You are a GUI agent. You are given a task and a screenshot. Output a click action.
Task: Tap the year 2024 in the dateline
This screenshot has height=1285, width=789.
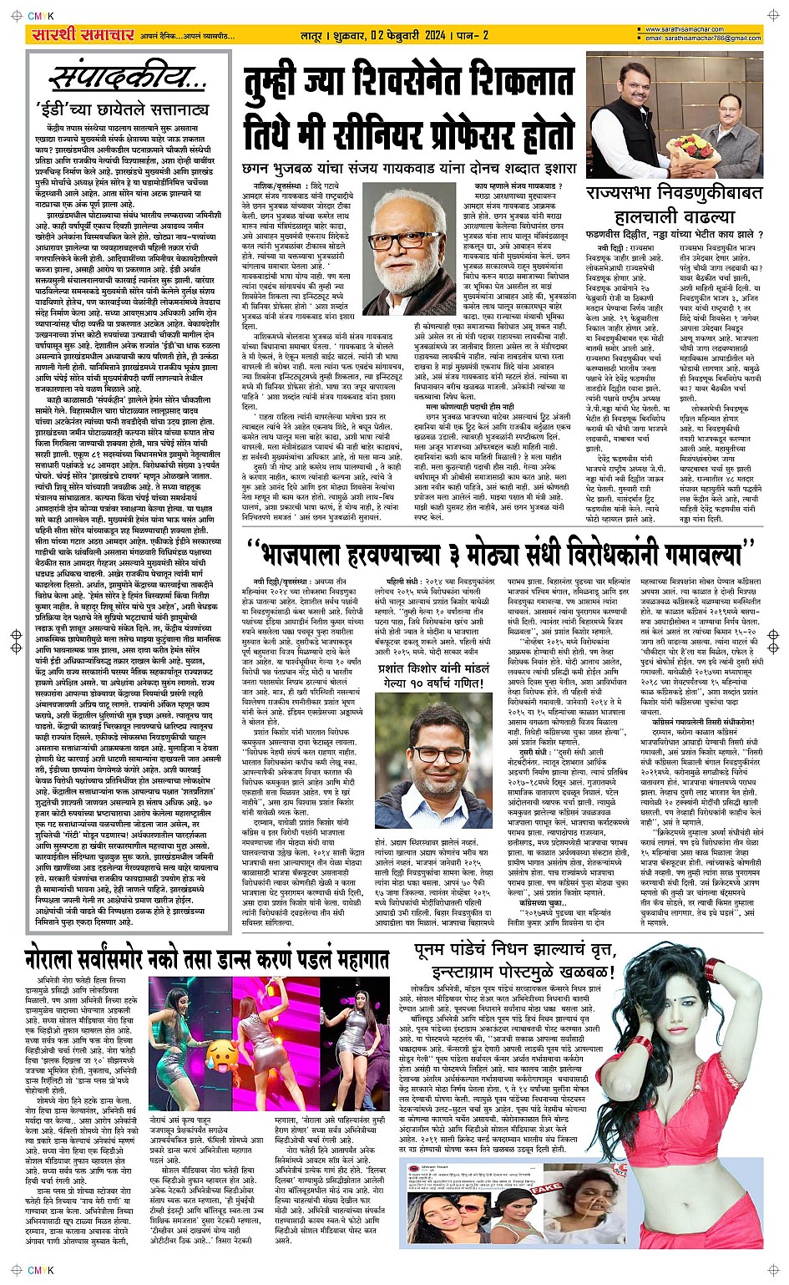pos(426,35)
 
